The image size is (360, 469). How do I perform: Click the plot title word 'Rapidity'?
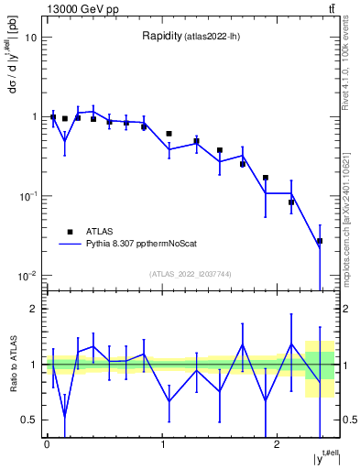(x=161, y=37)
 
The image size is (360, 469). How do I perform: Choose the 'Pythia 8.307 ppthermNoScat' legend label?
(x=148, y=245)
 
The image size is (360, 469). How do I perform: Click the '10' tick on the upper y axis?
(x=31, y=38)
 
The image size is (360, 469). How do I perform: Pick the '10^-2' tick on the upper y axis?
(x=29, y=276)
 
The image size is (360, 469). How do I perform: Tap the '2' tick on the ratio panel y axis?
(x=35, y=309)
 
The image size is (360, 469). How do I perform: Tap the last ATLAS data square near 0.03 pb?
(x=320, y=241)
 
